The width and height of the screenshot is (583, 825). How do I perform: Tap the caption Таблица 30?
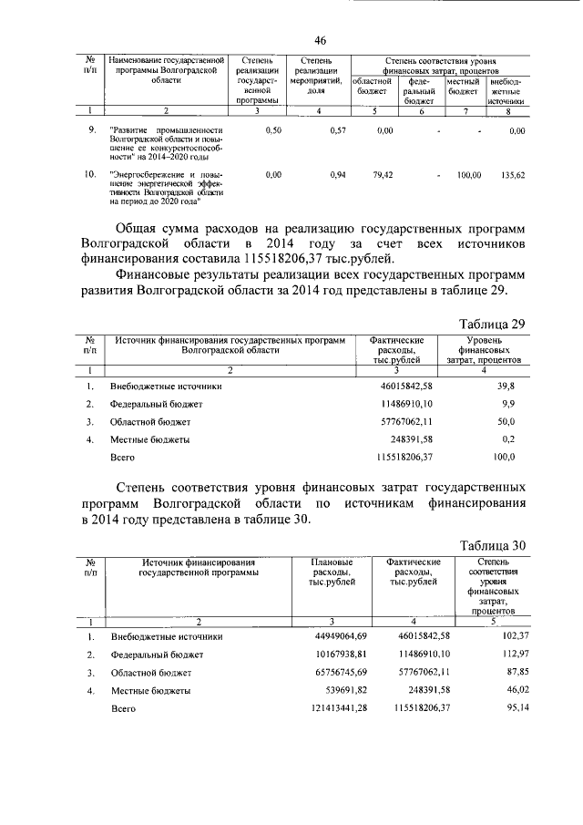[492, 545]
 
